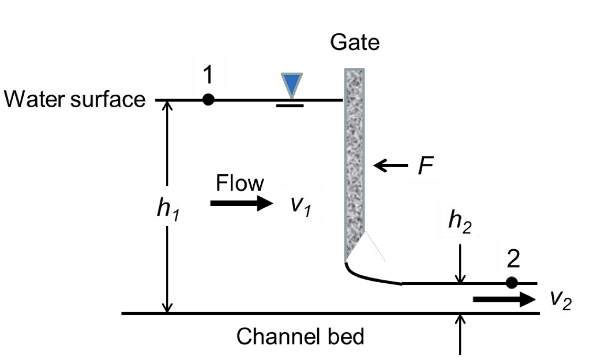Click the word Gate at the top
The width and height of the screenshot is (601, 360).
[x=355, y=43]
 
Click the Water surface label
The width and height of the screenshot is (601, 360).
[x=74, y=100]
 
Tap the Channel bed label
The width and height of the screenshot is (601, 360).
[x=300, y=336]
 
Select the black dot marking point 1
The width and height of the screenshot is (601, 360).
[x=209, y=100]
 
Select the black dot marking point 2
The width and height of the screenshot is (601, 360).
[x=511, y=283]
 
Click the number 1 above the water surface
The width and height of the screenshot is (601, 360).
[x=208, y=76]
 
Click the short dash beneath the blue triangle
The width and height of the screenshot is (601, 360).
[x=290, y=106]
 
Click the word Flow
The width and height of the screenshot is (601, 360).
[x=239, y=183]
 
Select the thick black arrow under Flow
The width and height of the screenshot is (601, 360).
[x=241, y=203]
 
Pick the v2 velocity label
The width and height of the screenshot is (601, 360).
[x=561, y=298]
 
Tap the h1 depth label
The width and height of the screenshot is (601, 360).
[x=167, y=209]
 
